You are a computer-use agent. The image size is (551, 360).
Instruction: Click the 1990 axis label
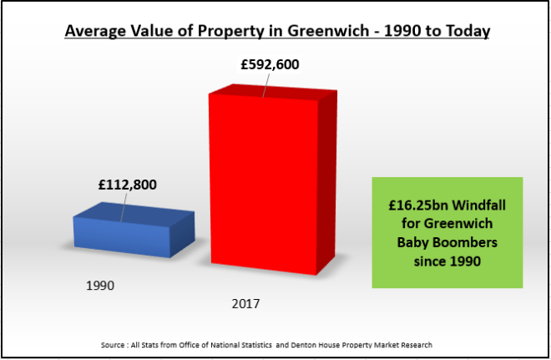(100, 286)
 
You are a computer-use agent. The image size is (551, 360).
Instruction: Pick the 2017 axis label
(245, 303)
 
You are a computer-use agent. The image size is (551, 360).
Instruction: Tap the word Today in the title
(467, 31)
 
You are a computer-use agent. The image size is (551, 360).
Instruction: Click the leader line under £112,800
(124, 209)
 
